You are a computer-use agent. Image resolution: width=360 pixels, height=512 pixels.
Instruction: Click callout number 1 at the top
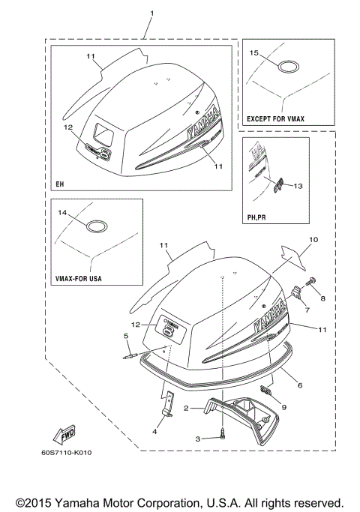tap(151, 14)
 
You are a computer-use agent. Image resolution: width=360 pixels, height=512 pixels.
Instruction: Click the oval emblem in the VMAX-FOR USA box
tap(96, 226)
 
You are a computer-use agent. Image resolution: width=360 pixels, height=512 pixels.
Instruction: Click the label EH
tap(58, 183)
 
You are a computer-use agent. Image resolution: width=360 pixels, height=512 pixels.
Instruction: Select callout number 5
tap(126, 336)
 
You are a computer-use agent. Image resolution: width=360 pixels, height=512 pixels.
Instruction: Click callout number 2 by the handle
tap(187, 409)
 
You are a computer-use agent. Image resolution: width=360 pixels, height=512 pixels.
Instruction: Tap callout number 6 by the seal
tap(299, 383)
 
